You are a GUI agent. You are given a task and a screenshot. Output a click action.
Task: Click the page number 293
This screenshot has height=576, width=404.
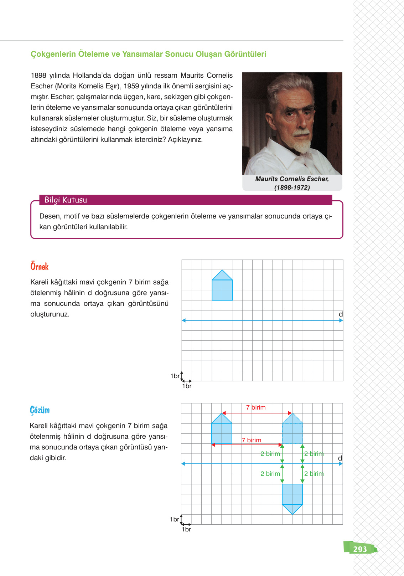pyautogui.click(x=360, y=549)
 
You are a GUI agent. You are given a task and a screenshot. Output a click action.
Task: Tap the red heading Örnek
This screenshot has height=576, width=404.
pyautogui.click(x=39, y=267)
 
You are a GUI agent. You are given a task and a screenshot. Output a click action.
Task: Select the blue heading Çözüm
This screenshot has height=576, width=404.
pyautogui.click(x=40, y=410)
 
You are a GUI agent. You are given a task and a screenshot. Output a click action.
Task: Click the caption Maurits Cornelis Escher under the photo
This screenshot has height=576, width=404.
pyautogui.click(x=292, y=179)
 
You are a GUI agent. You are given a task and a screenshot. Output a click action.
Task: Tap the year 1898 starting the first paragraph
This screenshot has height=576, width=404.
pyautogui.click(x=38, y=75)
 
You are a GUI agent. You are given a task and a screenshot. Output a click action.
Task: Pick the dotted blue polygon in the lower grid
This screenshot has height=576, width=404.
pyautogui.click(x=292, y=431)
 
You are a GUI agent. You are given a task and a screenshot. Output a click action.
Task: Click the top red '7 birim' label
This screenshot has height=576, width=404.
pyautogui.click(x=256, y=407)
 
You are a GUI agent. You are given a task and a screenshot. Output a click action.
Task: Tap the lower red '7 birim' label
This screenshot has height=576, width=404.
pyautogui.click(x=252, y=440)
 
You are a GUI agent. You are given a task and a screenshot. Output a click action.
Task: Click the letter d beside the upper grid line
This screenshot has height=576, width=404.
pyautogui.click(x=341, y=314)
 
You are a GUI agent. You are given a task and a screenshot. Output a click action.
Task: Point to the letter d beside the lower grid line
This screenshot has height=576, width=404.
pyautogui.click(x=340, y=458)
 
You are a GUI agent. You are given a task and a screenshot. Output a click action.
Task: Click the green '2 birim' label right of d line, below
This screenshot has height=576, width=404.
pyautogui.click(x=314, y=474)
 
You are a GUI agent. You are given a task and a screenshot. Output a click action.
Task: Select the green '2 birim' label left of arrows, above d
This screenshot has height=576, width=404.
pyautogui.click(x=270, y=454)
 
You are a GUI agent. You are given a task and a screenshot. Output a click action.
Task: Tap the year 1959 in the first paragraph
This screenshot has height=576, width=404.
pyautogui.click(x=131, y=86)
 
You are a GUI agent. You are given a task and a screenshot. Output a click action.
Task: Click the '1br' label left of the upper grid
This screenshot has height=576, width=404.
pyautogui.click(x=175, y=376)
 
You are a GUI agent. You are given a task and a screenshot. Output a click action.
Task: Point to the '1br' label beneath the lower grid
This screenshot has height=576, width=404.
pyautogui.click(x=186, y=529)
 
